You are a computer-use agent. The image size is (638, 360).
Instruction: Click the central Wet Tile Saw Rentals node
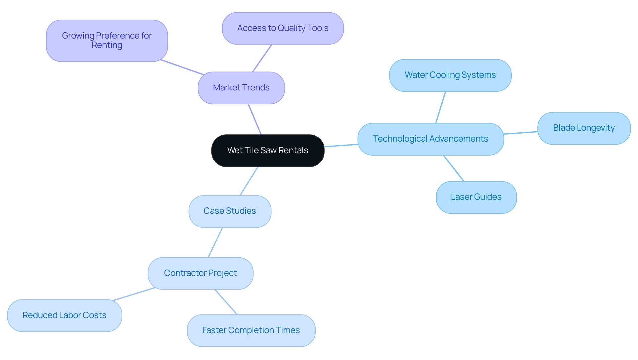[x=267, y=151]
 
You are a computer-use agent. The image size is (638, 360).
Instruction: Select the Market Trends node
[x=241, y=88]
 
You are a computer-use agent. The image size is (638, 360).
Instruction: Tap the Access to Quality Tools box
[x=283, y=28]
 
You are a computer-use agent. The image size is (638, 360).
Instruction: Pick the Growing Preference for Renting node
[x=107, y=41]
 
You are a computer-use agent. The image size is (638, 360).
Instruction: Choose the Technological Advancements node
[x=431, y=139]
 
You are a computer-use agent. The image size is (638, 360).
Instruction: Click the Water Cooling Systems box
[x=450, y=75]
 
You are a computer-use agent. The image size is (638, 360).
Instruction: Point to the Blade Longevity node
[x=584, y=128]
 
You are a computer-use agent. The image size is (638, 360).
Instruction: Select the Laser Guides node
[x=476, y=197]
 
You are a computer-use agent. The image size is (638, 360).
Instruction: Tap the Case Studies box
[x=230, y=211]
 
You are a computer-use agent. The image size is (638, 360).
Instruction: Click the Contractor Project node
[x=200, y=273]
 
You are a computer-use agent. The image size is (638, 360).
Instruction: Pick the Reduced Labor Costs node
[x=64, y=315]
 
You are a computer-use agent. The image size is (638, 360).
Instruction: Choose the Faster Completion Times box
[x=251, y=330]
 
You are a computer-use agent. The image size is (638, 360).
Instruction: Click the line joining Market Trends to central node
[x=255, y=119]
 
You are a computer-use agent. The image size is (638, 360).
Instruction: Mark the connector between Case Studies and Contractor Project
[x=215, y=242]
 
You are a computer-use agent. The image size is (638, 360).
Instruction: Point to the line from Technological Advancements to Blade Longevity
[x=521, y=133]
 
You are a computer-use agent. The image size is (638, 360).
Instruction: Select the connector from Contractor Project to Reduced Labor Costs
[x=134, y=294]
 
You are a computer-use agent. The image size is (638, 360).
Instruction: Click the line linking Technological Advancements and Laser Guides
[x=454, y=168]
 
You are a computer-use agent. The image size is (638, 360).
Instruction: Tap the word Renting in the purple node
[x=107, y=45]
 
